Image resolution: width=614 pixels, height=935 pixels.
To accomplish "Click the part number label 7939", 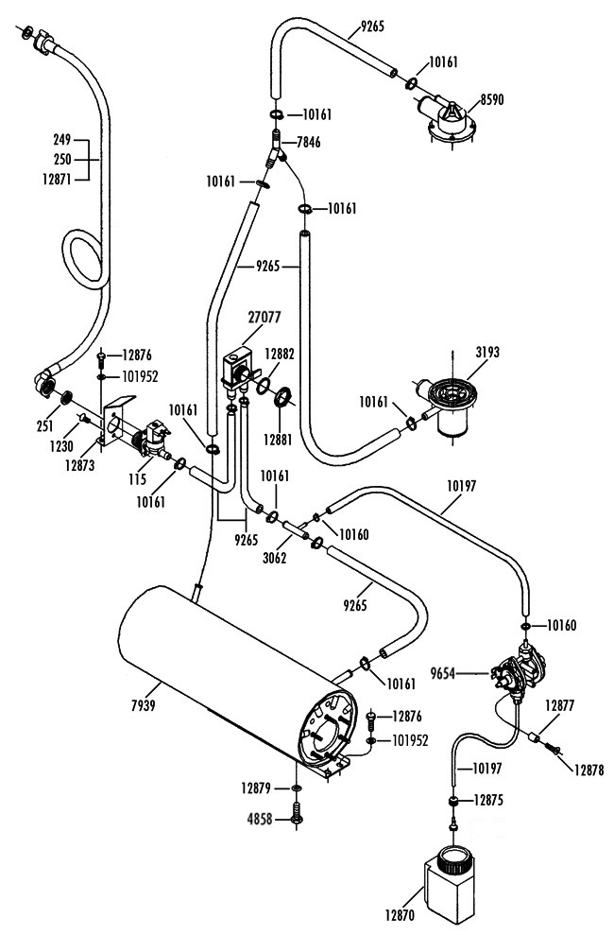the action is click(143, 705).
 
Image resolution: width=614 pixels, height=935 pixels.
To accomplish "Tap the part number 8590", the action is click(491, 99).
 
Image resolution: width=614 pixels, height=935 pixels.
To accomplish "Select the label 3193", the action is click(487, 353).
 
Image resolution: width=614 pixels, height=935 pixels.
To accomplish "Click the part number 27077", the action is click(264, 317).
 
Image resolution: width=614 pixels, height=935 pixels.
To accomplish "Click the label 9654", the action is click(443, 674).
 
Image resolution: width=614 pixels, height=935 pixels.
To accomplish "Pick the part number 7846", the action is click(308, 142).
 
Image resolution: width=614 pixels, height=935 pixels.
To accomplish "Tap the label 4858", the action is click(260, 820).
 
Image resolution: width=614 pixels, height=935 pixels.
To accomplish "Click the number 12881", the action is click(278, 440).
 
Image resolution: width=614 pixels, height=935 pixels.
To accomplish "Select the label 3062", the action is click(275, 558).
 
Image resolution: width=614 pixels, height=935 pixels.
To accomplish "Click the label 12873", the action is click(79, 465).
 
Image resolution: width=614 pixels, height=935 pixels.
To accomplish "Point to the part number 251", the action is click(44, 425).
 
